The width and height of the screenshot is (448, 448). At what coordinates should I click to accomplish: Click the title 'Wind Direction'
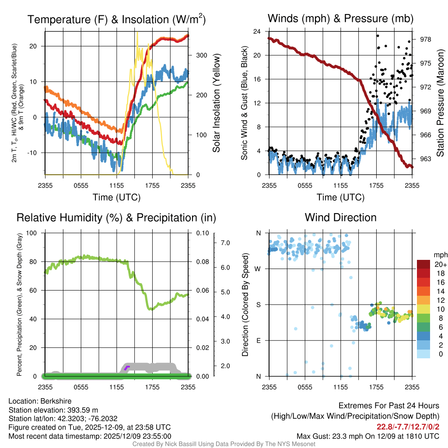pos(340,217)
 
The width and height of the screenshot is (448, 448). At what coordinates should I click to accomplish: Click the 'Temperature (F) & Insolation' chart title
pos(116,20)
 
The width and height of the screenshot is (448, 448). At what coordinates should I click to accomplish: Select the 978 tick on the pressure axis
pos(425,39)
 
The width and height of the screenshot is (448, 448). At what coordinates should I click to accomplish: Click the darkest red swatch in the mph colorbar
pos(423,264)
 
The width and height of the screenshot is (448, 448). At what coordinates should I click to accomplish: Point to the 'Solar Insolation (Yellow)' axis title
pos(217,103)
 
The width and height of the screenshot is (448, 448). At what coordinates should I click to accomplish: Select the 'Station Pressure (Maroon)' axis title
pos(440,103)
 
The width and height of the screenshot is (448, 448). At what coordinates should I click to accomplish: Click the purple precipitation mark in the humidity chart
pos(127,367)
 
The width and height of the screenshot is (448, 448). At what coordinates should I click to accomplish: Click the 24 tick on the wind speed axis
pos(257,31)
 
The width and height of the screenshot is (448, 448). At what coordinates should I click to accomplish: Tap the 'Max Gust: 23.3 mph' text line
pos(367,436)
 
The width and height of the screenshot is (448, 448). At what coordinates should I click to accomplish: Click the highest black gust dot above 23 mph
pos(378,36)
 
